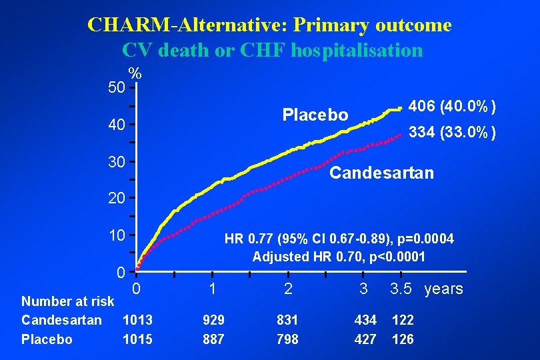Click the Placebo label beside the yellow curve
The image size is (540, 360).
(x=315, y=115)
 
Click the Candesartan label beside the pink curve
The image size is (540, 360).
(x=381, y=173)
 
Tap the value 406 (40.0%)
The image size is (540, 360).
(x=452, y=106)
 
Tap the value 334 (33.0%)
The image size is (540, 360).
(x=452, y=133)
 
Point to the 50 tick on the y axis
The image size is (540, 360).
(x=117, y=87)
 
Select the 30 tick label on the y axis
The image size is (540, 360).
(x=117, y=162)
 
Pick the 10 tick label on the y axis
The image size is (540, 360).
(x=117, y=235)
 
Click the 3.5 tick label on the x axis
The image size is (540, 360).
(x=401, y=289)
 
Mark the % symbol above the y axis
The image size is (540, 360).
(x=135, y=73)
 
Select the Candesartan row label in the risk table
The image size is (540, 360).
(x=61, y=320)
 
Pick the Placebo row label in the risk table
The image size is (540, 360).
(x=47, y=339)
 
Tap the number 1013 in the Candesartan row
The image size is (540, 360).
(x=137, y=320)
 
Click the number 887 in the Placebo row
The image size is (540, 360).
(x=213, y=339)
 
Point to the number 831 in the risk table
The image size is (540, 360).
(x=287, y=320)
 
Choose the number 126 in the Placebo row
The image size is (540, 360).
(x=403, y=339)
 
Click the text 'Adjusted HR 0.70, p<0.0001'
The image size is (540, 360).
(x=338, y=257)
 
